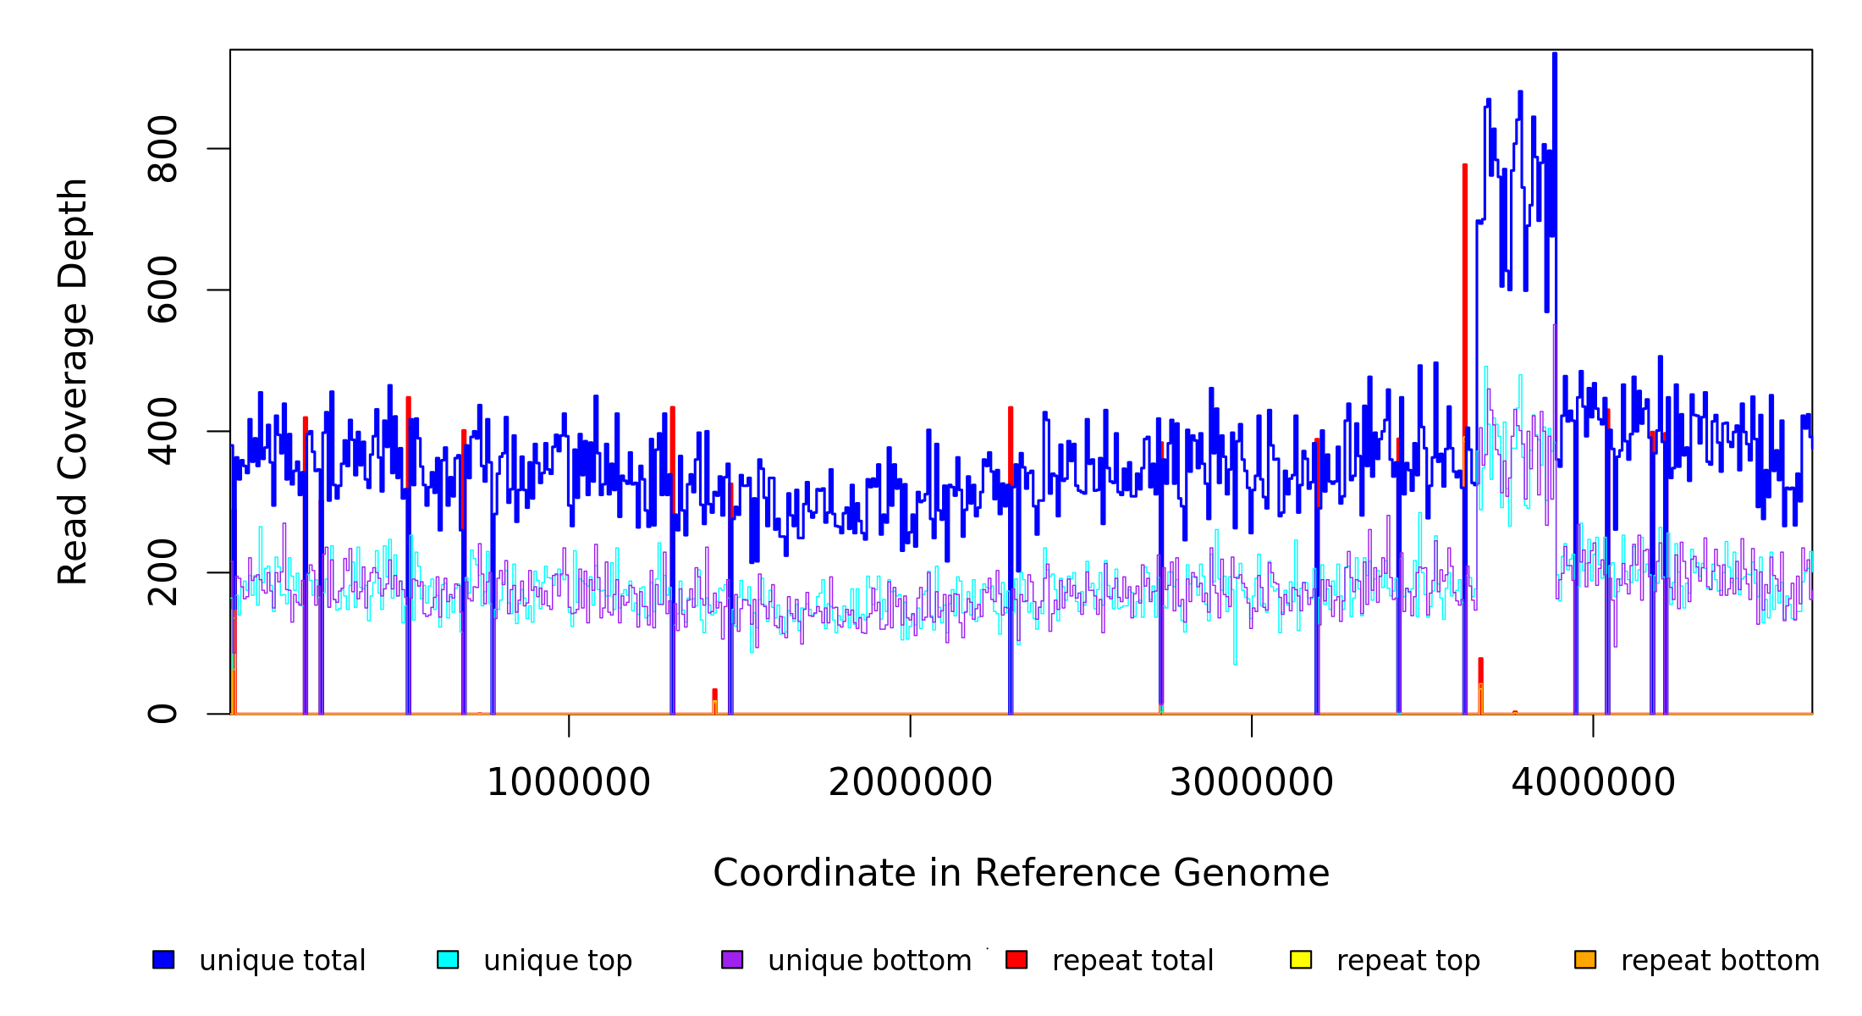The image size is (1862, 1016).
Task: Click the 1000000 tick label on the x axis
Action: point(568,783)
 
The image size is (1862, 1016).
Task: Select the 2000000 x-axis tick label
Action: point(910,783)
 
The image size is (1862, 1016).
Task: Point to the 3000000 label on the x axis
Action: point(1251,783)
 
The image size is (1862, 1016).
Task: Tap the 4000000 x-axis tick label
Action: point(1593,783)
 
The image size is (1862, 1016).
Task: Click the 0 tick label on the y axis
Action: point(163,714)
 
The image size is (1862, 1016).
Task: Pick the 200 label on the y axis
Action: point(163,572)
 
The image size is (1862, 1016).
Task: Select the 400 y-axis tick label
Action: point(163,431)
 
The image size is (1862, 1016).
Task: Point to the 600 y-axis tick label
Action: point(163,290)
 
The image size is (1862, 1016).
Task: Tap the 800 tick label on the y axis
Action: point(163,148)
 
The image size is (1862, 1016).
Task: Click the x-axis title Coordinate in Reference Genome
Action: point(1021,874)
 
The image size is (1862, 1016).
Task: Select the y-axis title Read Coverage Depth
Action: point(73,381)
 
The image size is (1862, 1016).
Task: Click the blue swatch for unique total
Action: point(163,960)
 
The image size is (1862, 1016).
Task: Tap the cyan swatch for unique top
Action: point(448,960)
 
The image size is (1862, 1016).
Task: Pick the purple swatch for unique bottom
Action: point(732,960)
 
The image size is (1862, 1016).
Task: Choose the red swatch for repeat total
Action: point(1016,960)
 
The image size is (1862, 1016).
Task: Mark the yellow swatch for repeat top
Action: point(1301,960)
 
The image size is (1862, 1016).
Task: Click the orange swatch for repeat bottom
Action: point(1585,960)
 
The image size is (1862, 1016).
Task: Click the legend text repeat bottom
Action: point(1720,961)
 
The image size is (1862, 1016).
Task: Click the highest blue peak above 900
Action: point(1555,55)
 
